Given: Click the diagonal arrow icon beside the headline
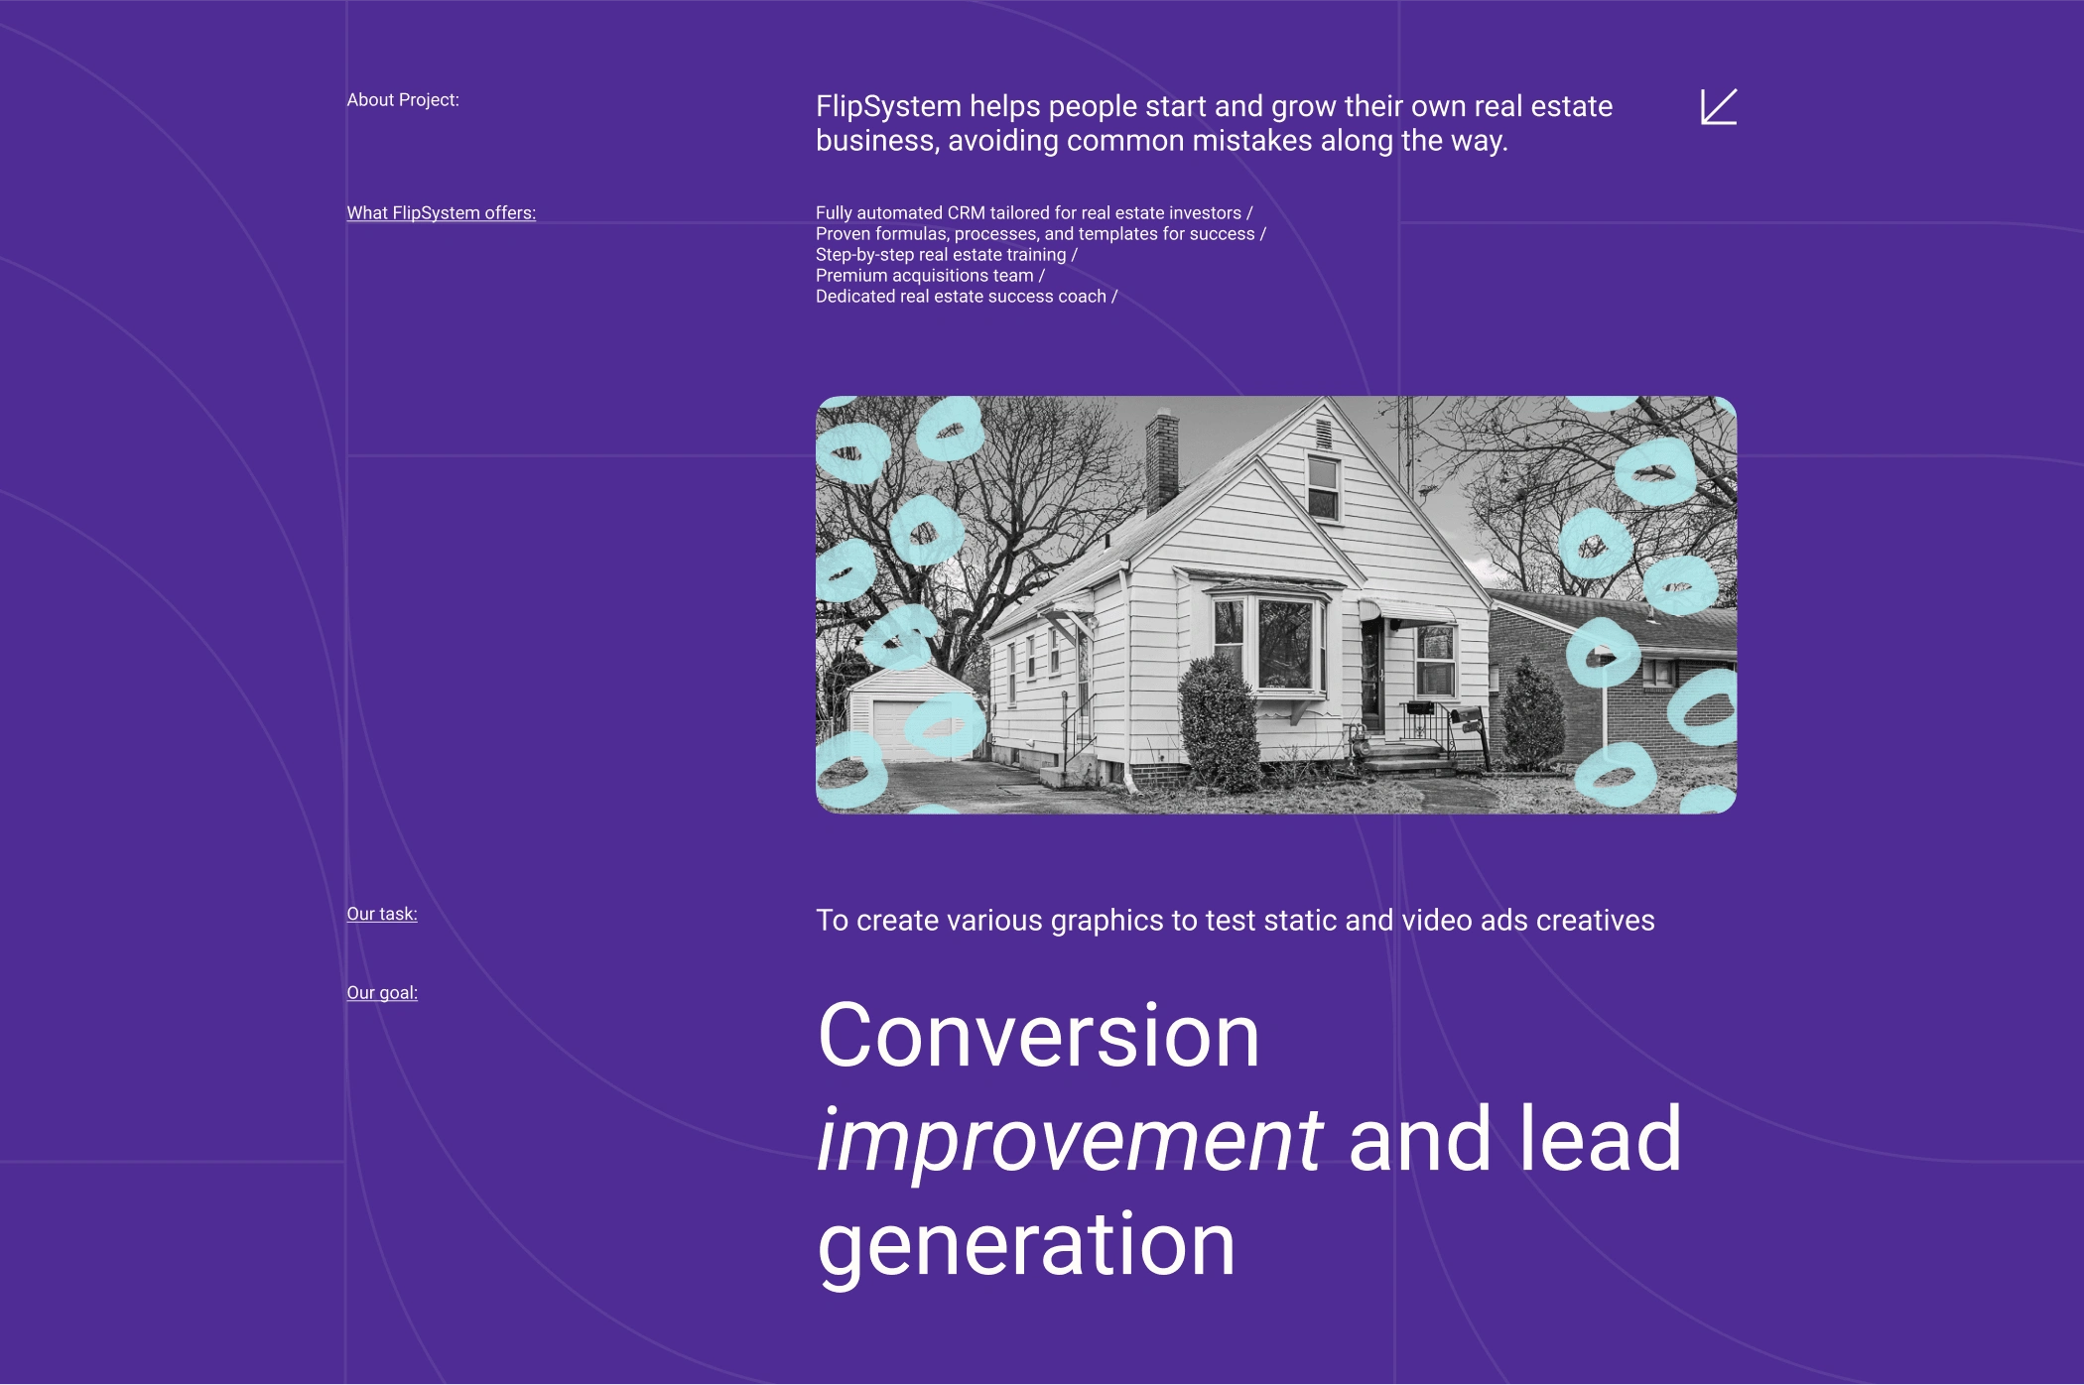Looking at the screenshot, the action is (1719, 107).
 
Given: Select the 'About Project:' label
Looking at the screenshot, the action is (403, 100).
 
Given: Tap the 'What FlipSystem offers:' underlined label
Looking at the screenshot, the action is (441, 213).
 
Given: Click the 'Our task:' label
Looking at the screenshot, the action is (382, 914).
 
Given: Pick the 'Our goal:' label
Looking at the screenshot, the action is (382, 993).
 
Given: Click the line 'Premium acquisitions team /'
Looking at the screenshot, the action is (930, 276).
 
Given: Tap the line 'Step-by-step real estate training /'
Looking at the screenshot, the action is (947, 255).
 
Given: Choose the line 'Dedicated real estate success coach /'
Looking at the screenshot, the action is (967, 297).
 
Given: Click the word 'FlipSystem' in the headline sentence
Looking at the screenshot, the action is (888, 107).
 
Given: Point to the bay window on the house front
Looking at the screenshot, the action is (1269, 645).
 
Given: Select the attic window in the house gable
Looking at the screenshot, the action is (1323, 486).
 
